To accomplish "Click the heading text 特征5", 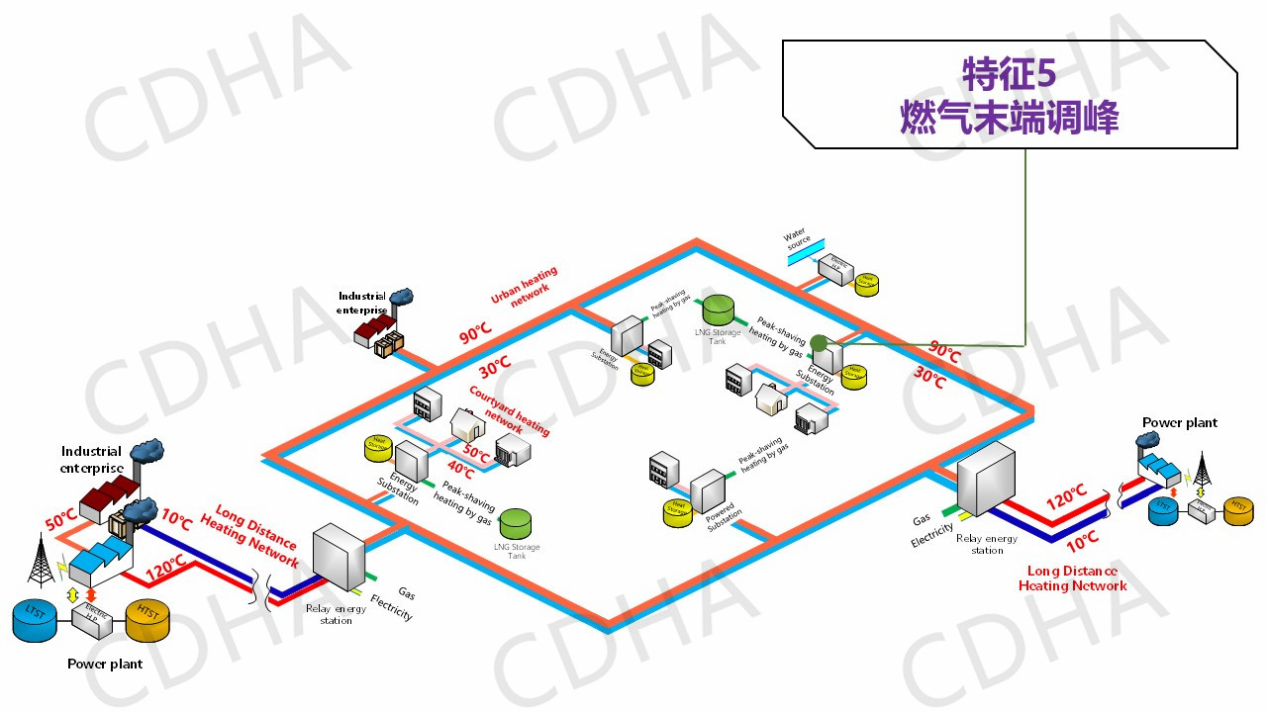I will pyautogui.click(x=1009, y=73).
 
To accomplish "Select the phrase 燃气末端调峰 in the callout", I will pyautogui.click(x=1009, y=118).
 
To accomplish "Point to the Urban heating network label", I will pyautogui.click(x=524, y=286).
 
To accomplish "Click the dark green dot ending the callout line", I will pyautogui.click(x=819, y=343).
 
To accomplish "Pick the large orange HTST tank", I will pyautogui.click(x=147, y=619).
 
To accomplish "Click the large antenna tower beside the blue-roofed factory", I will pyautogui.click(x=39, y=560).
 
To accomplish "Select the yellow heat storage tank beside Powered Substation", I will pyautogui.click(x=678, y=512).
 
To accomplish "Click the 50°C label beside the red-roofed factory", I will pyautogui.click(x=60, y=517).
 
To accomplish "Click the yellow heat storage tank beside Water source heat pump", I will pyautogui.click(x=866, y=283).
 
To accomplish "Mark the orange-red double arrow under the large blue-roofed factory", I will pyautogui.click(x=92, y=597).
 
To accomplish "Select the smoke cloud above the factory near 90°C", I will pyautogui.click(x=401, y=296).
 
